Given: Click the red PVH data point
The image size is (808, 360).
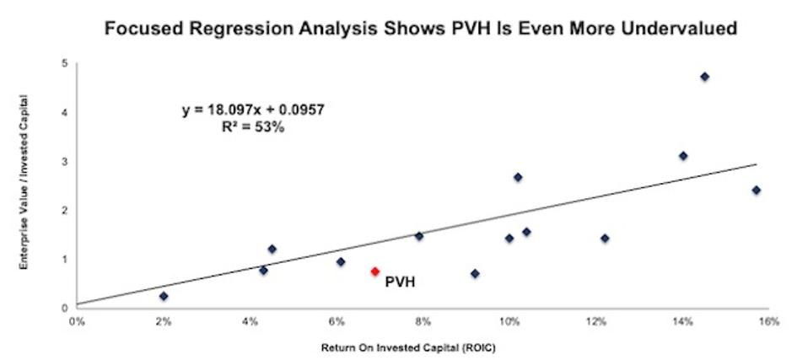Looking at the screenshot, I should [374, 271].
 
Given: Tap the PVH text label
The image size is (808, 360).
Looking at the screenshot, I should [401, 284].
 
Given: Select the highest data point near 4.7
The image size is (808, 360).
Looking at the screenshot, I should [704, 77].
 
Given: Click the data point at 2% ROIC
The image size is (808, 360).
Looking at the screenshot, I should [164, 296].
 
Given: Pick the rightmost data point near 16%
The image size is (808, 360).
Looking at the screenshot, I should [756, 190].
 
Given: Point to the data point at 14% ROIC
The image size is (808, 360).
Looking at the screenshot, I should [683, 156].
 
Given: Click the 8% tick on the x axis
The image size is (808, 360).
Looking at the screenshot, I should [423, 321].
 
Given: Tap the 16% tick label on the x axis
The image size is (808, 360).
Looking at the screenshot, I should [768, 321].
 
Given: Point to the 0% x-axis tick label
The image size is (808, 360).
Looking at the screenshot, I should [77, 321].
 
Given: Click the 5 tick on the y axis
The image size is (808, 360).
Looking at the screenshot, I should [65, 63].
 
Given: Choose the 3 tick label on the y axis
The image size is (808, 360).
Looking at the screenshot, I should [65, 161].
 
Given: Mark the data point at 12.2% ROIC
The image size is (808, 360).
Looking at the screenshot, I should [605, 239].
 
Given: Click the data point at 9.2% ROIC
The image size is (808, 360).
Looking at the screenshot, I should [475, 273].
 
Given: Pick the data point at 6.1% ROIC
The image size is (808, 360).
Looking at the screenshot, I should [341, 261].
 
